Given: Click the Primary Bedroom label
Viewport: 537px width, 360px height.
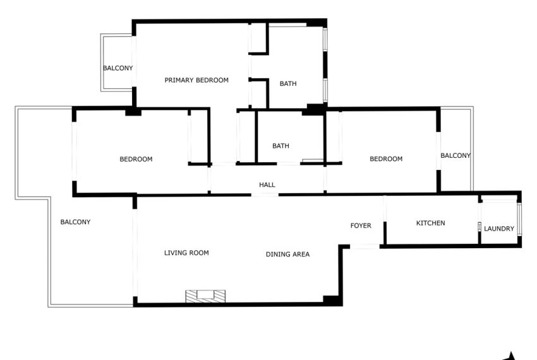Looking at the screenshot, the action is click(x=196, y=80).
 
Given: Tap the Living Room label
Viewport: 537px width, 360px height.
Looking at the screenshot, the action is click(x=186, y=253).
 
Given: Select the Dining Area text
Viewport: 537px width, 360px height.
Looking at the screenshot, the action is click(x=287, y=254).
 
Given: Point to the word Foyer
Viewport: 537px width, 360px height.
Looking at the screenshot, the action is click(x=361, y=225).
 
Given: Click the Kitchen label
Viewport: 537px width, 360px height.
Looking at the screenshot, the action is click(x=430, y=223).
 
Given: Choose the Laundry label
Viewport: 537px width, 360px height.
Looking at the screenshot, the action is click(x=499, y=229).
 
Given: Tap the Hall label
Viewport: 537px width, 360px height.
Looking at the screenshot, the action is click(x=267, y=185).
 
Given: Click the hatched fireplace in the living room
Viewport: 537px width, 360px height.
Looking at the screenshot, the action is click(x=205, y=296).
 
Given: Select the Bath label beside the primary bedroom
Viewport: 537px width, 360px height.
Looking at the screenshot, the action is click(x=288, y=83).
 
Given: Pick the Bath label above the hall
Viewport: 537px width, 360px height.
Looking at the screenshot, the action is click(x=281, y=146).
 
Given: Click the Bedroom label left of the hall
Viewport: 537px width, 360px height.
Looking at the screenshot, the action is click(x=136, y=159).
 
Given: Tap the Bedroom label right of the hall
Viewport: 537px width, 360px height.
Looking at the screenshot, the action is click(x=386, y=159).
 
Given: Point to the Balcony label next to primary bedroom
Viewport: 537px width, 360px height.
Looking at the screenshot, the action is click(x=118, y=68).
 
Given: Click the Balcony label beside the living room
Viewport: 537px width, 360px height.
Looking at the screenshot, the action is click(x=75, y=222).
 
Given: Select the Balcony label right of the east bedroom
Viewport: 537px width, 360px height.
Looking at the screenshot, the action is click(x=455, y=155).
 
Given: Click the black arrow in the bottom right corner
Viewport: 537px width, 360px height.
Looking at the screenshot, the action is click(x=510, y=357).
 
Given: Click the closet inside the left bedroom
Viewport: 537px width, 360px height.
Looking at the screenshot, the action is click(x=198, y=137).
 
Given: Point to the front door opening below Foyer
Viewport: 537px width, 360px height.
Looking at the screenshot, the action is click(x=365, y=246).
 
